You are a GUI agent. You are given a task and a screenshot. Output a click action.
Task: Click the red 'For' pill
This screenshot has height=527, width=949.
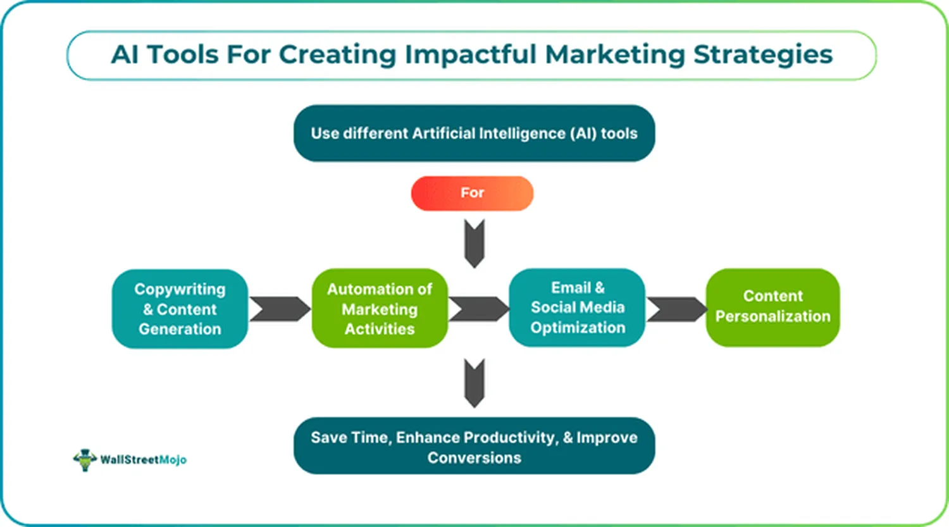(x=472, y=193)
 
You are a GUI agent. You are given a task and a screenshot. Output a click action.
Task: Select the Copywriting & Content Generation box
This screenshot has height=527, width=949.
(x=180, y=309)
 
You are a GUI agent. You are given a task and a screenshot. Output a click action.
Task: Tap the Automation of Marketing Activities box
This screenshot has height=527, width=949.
(x=380, y=309)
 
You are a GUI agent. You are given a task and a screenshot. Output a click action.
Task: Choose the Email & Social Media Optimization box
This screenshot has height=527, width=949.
(x=577, y=307)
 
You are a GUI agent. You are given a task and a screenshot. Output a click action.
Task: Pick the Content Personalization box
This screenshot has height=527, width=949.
(x=772, y=307)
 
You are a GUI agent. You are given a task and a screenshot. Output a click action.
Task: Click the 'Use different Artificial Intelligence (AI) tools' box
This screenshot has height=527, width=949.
(x=474, y=133)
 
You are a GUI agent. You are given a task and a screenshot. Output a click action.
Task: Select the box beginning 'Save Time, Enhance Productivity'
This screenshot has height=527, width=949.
(x=474, y=446)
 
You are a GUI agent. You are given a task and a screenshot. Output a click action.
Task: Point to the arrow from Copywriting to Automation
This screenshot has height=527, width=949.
(x=279, y=309)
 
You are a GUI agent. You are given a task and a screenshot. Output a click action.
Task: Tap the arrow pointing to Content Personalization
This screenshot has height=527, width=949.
(x=675, y=309)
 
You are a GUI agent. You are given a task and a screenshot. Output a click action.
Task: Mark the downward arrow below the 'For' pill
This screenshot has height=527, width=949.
(x=475, y=243)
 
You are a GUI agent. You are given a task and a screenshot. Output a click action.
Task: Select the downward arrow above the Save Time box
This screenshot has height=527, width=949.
(x=475, y=382)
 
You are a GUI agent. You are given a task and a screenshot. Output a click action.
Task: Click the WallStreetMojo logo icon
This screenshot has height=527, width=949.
(x=85, y=459)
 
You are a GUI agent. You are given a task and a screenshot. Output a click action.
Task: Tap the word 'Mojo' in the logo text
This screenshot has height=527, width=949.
(x=173, y=460)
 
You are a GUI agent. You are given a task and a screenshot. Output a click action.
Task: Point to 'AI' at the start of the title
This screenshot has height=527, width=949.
(x=125, y=55)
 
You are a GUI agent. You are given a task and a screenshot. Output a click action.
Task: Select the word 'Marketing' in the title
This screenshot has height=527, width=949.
(x=615, y=55)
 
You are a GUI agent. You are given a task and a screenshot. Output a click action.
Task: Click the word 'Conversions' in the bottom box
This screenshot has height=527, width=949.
(x=474, y=457)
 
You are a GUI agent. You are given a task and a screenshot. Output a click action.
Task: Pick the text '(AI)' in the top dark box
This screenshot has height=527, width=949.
(x=582, y=133)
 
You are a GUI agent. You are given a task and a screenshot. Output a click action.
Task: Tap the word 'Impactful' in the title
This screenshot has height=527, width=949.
(x=471, y=55)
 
